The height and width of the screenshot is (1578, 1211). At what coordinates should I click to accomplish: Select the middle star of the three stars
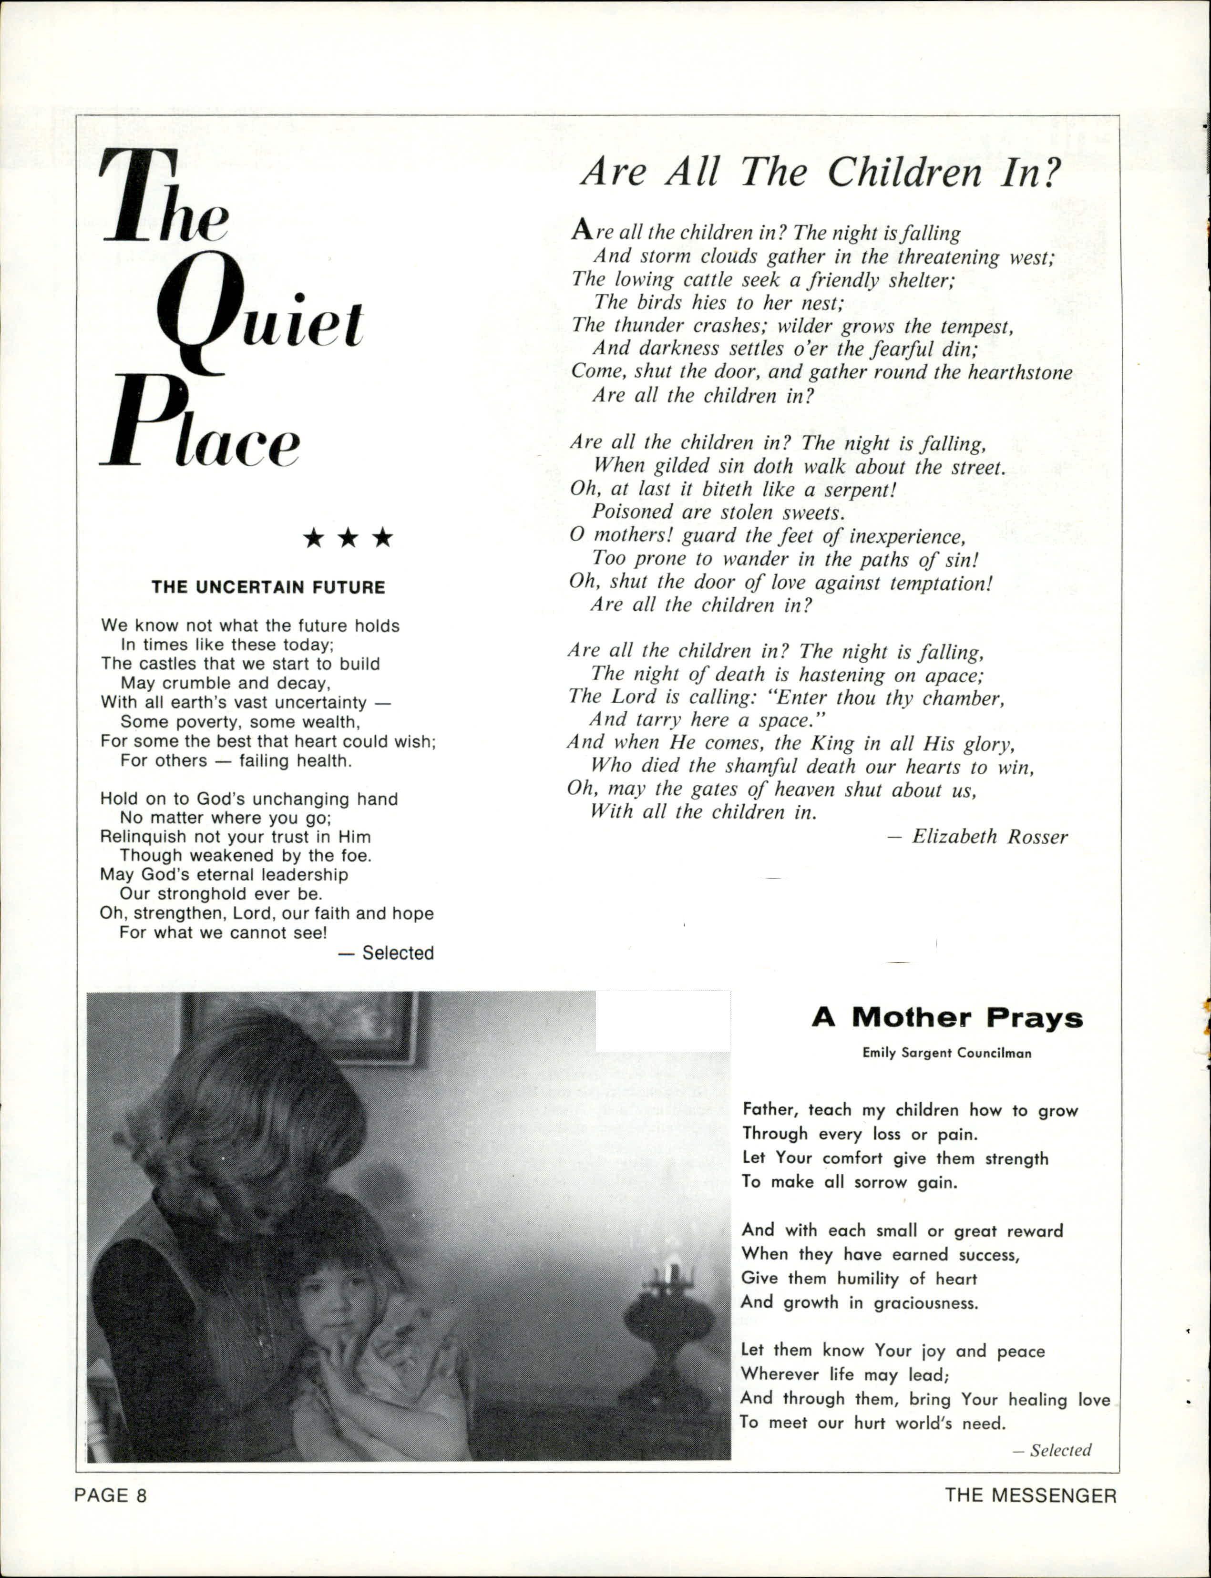coord(348,538)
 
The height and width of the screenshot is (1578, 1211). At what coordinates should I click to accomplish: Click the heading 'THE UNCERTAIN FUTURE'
coord(268,587)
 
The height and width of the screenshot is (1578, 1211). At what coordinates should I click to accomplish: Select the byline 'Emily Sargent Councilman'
coord(946,1053)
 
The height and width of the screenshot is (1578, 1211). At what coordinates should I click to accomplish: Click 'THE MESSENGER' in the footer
coord(1031,1496)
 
